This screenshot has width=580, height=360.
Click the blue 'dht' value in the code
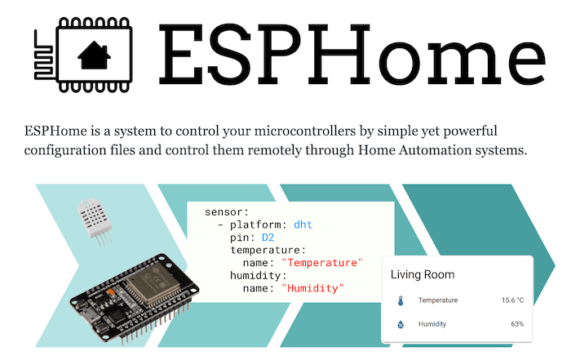303,224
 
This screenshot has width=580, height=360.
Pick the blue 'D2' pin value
268,237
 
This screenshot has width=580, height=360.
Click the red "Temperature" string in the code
321,263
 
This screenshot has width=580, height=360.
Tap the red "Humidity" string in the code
313,288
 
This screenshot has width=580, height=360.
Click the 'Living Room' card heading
423,274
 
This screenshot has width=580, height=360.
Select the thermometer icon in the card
401,300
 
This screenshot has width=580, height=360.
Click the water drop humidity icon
401,324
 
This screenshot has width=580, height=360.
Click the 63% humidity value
516,324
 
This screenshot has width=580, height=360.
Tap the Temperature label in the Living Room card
438,300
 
